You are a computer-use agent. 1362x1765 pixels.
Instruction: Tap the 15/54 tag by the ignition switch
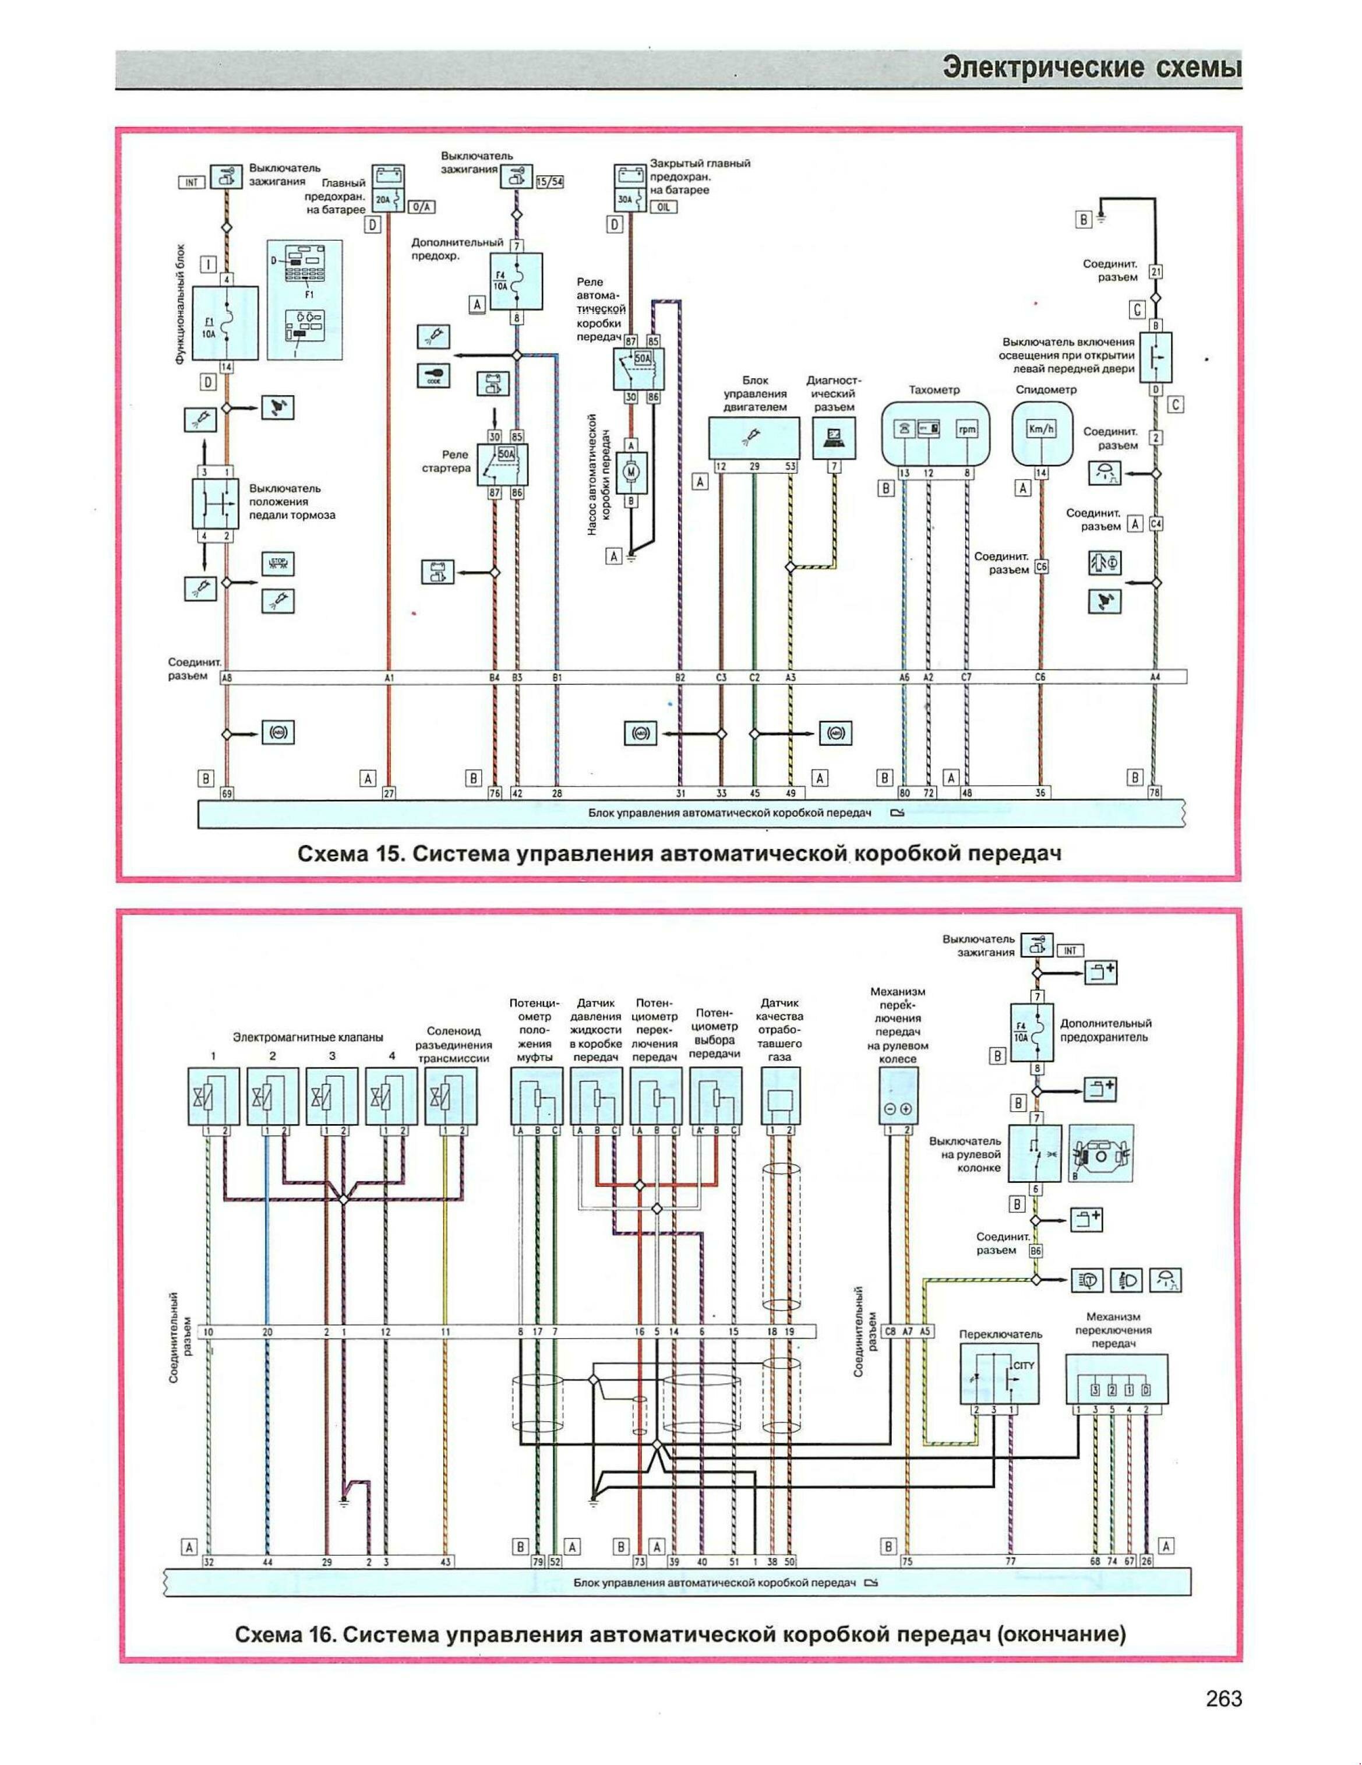[x=550, y=182]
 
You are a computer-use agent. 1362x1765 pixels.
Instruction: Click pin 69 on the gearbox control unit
[x=227, y=794]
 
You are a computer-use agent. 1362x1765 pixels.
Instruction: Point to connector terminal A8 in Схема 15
[x=226, y=679]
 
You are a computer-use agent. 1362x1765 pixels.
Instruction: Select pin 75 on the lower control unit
[x=906, y=1562]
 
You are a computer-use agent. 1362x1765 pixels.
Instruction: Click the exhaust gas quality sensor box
[x=781, y=1097]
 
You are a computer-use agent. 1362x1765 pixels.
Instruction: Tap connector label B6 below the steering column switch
[x=1036, y=1251]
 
